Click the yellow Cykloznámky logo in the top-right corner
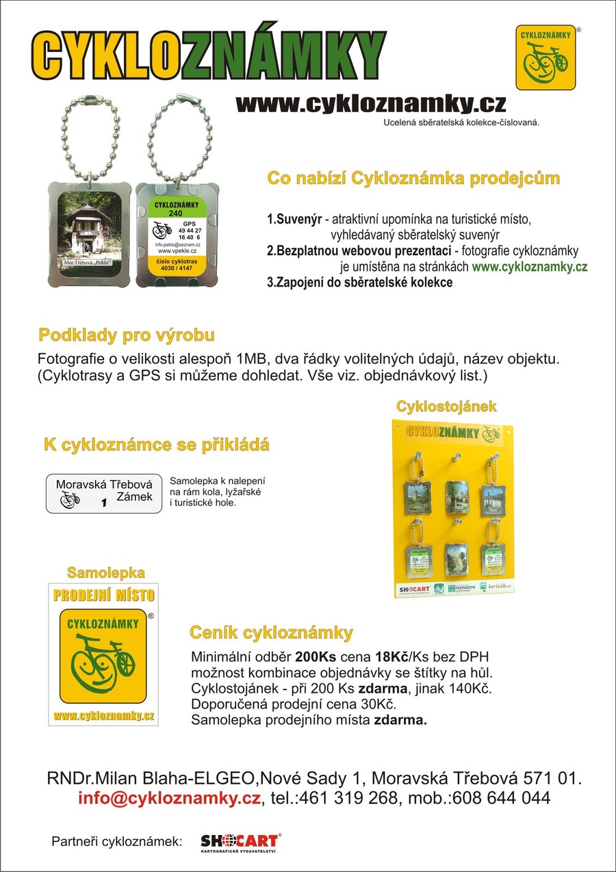click(545, 57)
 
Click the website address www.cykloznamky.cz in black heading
click(370, 103)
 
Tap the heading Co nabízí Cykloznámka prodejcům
click(413, 179)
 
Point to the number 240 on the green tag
click(176, 213)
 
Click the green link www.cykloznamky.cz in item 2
click(529, 267)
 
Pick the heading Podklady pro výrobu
click(127, 335)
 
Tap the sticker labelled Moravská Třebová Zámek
click(104, 493)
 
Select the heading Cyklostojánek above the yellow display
click(446, 406)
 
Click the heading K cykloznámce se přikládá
click(157, 445)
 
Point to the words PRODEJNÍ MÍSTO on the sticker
click(104, 595)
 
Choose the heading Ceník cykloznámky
click(271, 631)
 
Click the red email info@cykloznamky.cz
click(169, 798)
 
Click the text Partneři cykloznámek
click(116, 841)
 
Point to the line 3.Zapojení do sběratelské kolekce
click(359, 282)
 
